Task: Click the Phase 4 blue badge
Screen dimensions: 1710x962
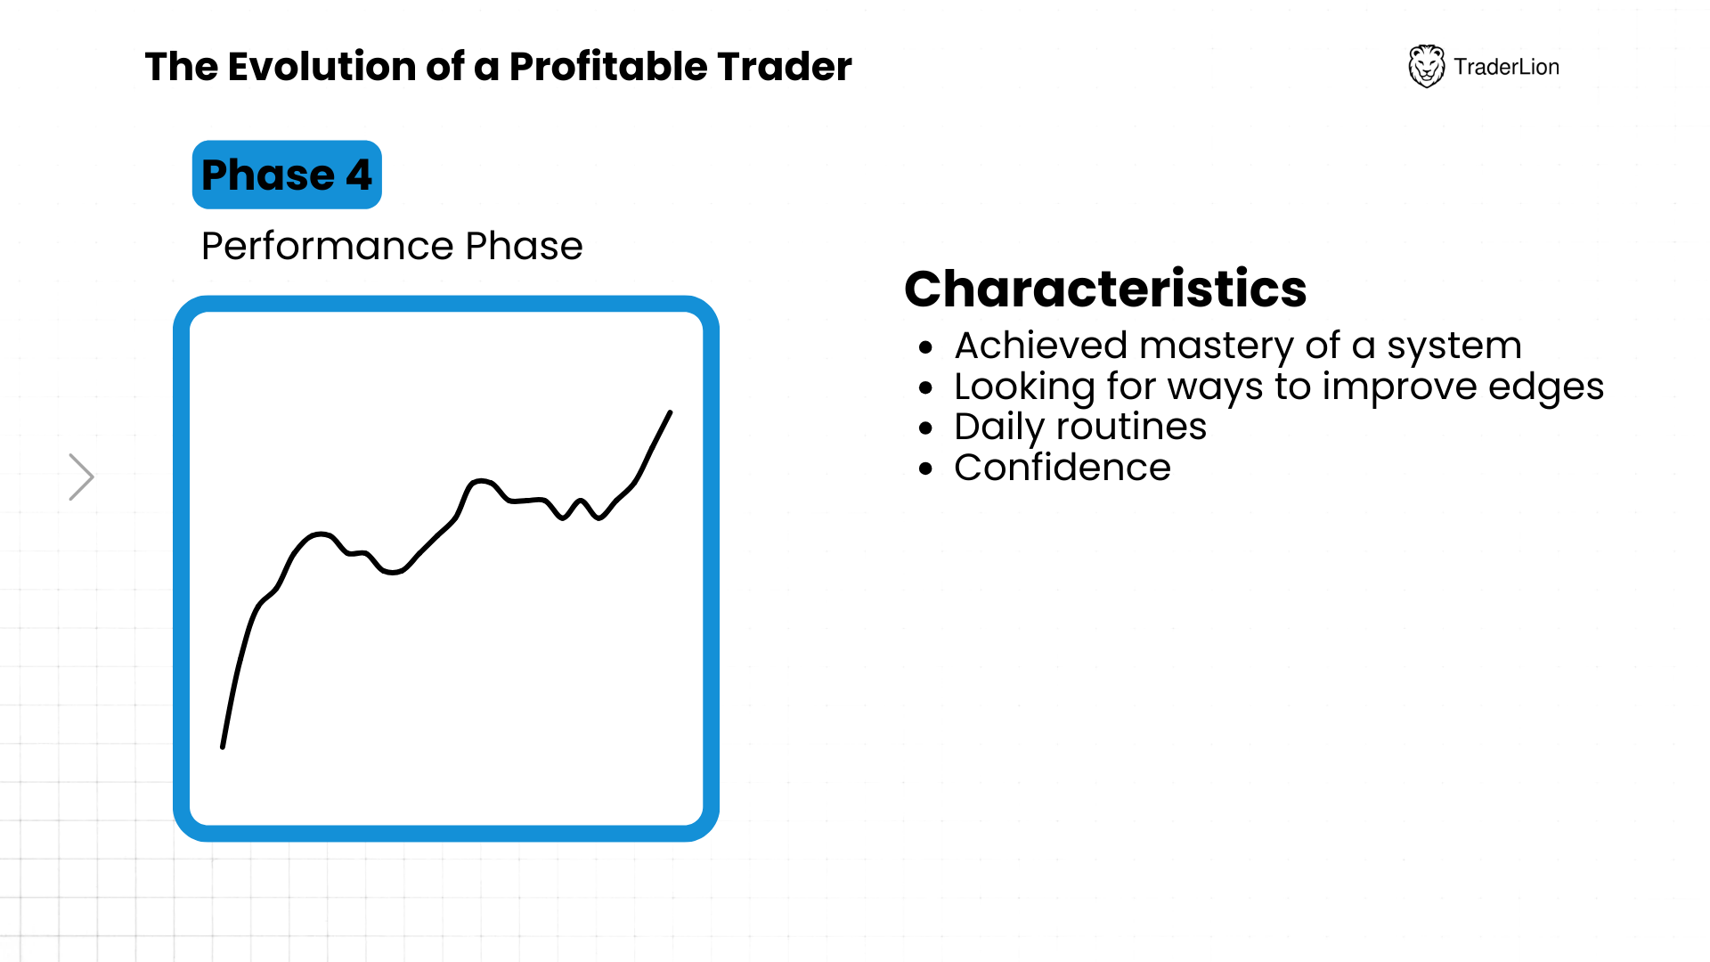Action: click(x=287, y=175)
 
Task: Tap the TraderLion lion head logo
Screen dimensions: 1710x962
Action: click(x=1426, y=66)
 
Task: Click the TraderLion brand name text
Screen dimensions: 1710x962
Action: click(x=1506, y=67)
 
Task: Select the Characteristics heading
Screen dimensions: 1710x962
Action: click(x=1105, y=289)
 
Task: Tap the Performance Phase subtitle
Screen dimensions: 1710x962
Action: click(x=392, y=246)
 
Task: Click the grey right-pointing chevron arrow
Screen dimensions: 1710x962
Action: click(x=82, y=477)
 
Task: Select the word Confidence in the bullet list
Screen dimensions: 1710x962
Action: click(x=1063, y=468)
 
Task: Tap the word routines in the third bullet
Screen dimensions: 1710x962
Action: click(x=1131, y=427)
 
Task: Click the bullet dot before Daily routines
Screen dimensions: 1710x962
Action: click(x=926, y=428)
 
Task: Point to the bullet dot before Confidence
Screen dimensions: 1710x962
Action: click(x=926, y=469)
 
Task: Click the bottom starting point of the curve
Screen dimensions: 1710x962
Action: click(x=223, y=746)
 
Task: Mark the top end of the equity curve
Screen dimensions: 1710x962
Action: click(x=670, y=412)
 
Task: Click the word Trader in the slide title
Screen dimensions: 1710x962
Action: click(x=785, y=67)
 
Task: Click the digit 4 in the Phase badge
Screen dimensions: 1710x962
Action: click(x=359, y=175)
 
